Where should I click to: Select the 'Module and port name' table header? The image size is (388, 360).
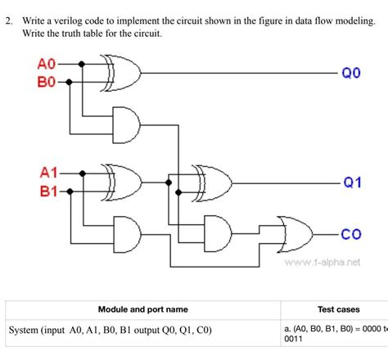[143, 309]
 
